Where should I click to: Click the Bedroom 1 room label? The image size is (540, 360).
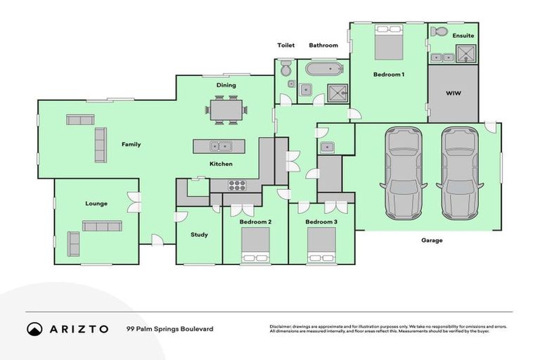pyautogui.click(x=388, y=75)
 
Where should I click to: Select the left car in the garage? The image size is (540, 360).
pyautogui.click(x=404, y=172)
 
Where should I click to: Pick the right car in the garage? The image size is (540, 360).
pyautogui.click(x=460, y=172)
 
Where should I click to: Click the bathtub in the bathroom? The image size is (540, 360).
pyautogui.click(x=324, y=69)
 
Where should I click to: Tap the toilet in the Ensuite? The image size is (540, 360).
pyautogui.click(x=439, y=32)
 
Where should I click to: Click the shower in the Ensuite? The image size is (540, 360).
pyautogui.click(x=465, y=52)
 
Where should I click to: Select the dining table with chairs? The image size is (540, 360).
pyautogui.click(x=226, y=110)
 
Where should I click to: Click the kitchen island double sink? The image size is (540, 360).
pyautogui.click(x=219, y=146)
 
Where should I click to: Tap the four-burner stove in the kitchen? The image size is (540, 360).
pyautogui.click(x=237, y=186)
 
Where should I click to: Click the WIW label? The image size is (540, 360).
pyautogui.click(x=453, y=94)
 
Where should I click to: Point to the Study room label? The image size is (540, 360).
pyautogui.click(x=199, y=235)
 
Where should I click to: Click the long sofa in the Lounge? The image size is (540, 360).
pyautogui.click(x=102, y=226)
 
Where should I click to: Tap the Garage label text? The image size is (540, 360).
pyautogui.click(x=432, y=240)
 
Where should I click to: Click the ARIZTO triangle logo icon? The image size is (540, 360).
pyautogui.click(x=34, y=329)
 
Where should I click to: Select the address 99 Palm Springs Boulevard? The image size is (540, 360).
pyautogui.click(x=169, y=329)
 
